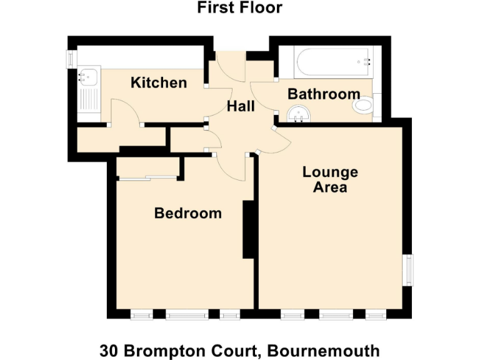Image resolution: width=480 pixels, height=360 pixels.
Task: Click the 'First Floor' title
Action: [x=240, y=8]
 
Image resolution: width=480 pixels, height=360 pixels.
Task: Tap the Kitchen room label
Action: [x=158, y=82]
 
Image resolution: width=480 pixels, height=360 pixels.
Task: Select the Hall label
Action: [x=241, y=106]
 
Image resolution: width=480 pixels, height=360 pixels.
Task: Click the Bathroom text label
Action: [x=324, y=94]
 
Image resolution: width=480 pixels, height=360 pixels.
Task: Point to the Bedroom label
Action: [x=187, y=213]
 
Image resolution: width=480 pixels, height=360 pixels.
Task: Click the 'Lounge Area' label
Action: [x=330, y=179]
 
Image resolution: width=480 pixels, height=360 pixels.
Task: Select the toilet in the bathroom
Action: [x=363, y=105]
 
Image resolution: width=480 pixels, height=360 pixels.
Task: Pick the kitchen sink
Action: [x=86, y=77]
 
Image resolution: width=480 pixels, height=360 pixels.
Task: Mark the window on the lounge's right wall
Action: [x=408, y=269]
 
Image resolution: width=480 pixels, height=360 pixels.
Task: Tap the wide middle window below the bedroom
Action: [x=187, y=314]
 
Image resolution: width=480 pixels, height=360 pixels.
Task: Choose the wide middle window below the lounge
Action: [x=336, y=314]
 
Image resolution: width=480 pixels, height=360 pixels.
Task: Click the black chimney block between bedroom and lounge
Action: [x=248, y=229]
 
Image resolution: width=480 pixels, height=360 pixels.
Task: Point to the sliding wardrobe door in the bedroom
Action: [x=147, y=179]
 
